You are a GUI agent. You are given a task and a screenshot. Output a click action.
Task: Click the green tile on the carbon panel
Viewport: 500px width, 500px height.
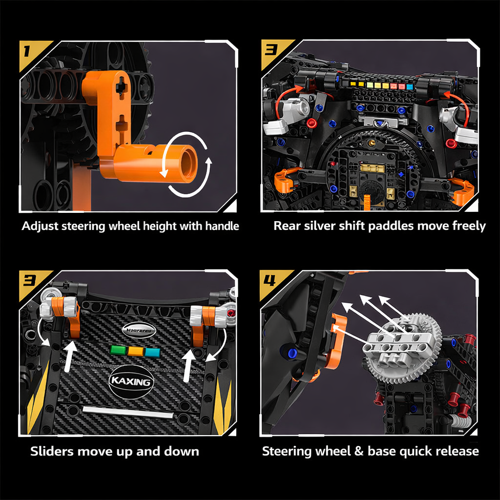(118, 350)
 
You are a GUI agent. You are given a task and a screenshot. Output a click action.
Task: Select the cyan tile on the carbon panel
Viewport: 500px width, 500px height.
(152, 352)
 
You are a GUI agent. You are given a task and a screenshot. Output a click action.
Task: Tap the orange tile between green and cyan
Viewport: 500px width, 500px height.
(135, 351)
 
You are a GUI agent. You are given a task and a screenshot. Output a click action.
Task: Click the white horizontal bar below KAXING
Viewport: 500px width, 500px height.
(128, 412)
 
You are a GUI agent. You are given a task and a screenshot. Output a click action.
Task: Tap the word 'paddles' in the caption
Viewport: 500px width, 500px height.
(400, 226)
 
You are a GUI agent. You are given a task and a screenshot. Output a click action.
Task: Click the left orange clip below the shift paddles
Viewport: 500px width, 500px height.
(286, 180)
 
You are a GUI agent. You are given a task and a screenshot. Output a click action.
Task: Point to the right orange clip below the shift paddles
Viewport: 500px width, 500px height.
(461, 190)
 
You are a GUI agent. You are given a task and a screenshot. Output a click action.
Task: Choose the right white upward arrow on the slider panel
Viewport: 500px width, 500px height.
(189, 366)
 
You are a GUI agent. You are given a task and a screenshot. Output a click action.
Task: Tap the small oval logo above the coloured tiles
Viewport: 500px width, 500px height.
(139, 330)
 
